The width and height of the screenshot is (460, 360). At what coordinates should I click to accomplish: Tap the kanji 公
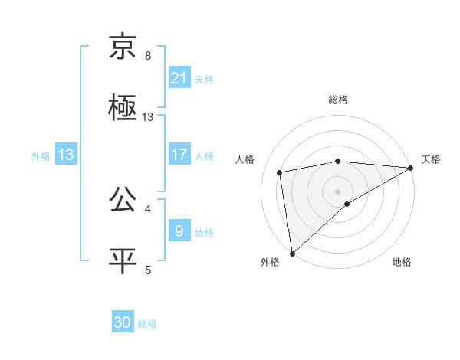coord(123,201)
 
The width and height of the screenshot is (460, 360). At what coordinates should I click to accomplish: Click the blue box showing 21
coord(179,78)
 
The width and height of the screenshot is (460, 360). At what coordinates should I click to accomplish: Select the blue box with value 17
coord(179,155)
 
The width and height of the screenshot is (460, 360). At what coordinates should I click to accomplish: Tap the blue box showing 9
coord(179,231)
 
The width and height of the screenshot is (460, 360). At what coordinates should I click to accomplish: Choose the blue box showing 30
coord(123,322)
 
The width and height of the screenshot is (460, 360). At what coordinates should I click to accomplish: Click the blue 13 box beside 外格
coord(66,155)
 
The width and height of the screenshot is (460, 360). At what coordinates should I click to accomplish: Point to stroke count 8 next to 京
coord(148,56)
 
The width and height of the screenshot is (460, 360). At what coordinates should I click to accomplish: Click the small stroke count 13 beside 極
coord(148,117)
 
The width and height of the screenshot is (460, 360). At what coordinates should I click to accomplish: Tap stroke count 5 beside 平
coord(148,270)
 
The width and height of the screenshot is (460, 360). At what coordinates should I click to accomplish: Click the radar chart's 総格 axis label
coord(338,100)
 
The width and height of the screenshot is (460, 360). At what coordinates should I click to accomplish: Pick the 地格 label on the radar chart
coord(402,263)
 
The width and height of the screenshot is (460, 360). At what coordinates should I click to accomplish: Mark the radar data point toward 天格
coord(411,168)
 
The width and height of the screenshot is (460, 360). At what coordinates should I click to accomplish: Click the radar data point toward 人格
coord(281,172)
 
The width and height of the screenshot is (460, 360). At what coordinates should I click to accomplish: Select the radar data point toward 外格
coord(292,253)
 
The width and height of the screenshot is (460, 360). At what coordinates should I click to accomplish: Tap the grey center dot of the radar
coord(338,191)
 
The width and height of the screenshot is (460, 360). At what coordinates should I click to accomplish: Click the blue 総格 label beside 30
coord(147,324)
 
